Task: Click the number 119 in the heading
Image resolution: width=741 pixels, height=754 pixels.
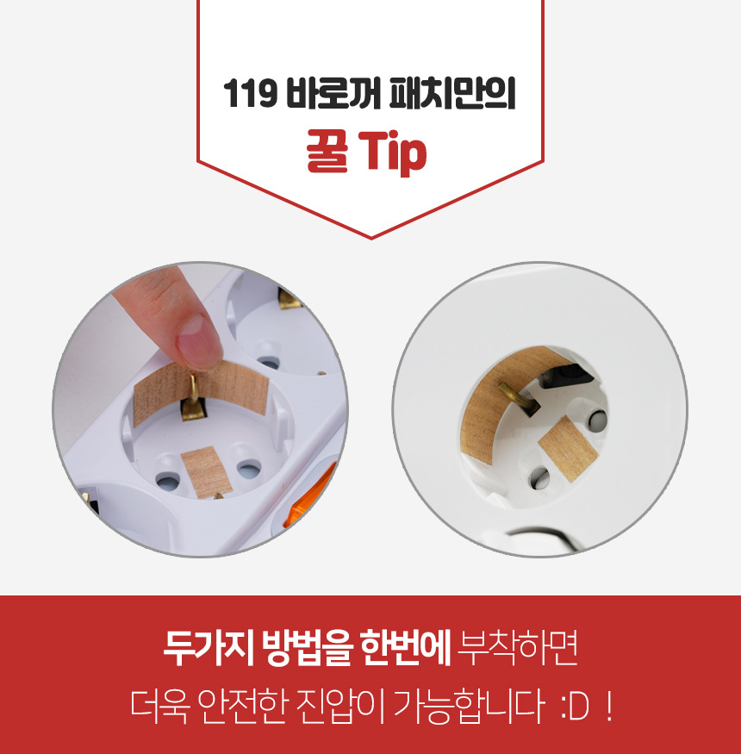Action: coord(250,93)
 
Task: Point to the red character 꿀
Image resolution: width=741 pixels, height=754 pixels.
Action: coord(327,151)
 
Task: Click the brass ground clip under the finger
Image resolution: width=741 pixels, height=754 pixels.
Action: coord(193,398)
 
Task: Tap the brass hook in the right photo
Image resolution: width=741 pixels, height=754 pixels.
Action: coord(519,398)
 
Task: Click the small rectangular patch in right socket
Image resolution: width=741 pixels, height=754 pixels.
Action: coord(568,450)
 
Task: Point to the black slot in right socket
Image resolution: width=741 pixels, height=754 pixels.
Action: coord(564,376)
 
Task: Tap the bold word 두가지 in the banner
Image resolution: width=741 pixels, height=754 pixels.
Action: coord(209,647)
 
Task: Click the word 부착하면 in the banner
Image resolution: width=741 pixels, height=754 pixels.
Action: coord(517,647)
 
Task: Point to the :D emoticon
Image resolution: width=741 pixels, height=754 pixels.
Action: coord(575,707)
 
